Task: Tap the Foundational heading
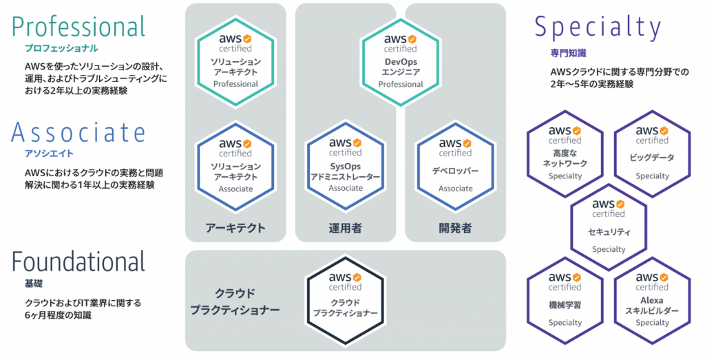78,262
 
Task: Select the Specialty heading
598,28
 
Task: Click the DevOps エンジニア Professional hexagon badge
401,61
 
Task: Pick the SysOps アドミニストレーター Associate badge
345,165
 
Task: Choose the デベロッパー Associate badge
455,165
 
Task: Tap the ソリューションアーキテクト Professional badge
235,61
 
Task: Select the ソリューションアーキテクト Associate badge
235,165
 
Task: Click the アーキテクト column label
235,228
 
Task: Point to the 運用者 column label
345,228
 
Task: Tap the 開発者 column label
455,228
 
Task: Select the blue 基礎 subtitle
33,284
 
